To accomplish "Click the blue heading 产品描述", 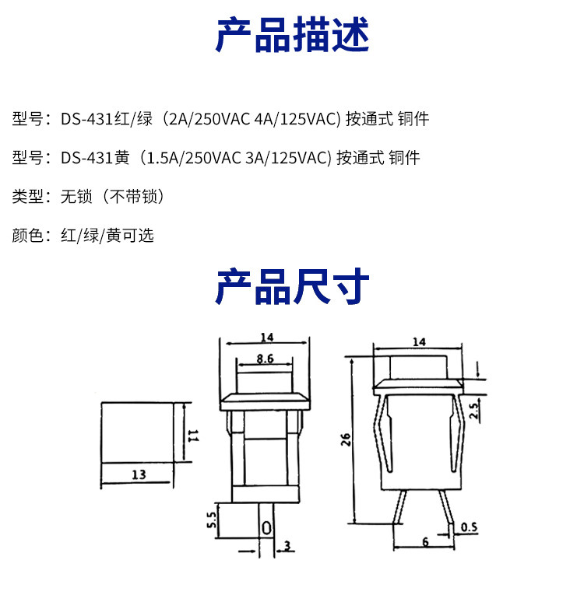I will click(292, 34).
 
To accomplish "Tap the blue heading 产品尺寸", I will click(292, 287).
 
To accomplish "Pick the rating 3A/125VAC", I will click(289, 158).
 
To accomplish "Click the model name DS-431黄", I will click(95, 158).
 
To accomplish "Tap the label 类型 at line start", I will click(27, 196).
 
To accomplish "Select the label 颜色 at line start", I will click(27, 235).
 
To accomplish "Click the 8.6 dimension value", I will click(265, 360).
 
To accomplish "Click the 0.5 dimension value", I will click(469, 528).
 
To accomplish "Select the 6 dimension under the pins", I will click(425, 541).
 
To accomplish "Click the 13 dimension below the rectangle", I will click(138, 474).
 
